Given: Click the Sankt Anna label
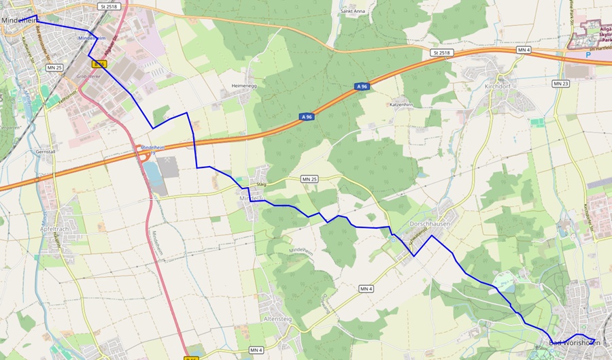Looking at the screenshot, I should (x=353, y=12).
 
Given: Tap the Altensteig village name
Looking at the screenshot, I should (x=277, y=318).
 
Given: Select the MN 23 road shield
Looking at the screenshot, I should (x=561, y=83).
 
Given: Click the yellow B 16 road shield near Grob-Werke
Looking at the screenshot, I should (x=100, y=65).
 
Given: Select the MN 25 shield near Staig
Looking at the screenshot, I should (x=309, y=178).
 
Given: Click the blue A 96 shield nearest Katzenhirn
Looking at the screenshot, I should (x=362, y=86).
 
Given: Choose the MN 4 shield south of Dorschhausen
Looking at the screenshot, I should (x=367, y=289).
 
